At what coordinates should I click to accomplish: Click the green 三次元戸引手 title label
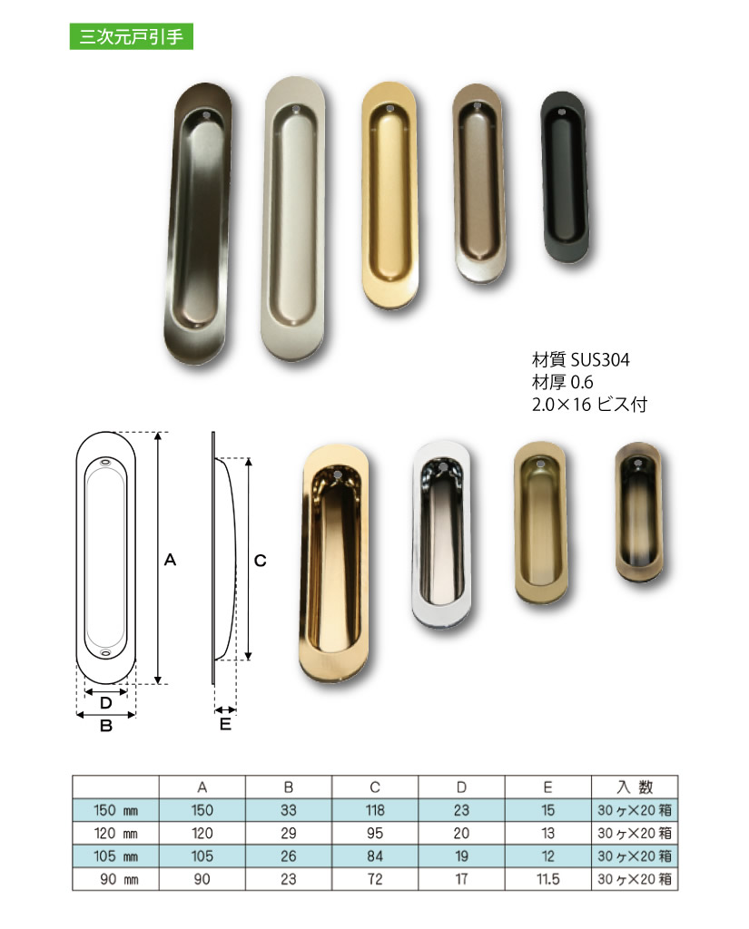(131, 36)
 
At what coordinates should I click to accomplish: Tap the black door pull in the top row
(566, 176)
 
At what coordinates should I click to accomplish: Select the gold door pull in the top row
(389, 194)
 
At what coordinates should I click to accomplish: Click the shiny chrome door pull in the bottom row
(442, 533)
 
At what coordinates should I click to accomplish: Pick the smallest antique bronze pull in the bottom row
(637, 512)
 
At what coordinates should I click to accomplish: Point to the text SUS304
(599, 359)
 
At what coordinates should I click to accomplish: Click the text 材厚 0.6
(562, 382)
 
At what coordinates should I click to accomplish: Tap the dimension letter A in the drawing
(170, 560)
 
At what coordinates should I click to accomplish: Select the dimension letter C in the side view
(261, 561)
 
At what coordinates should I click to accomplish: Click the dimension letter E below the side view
(225, 724)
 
